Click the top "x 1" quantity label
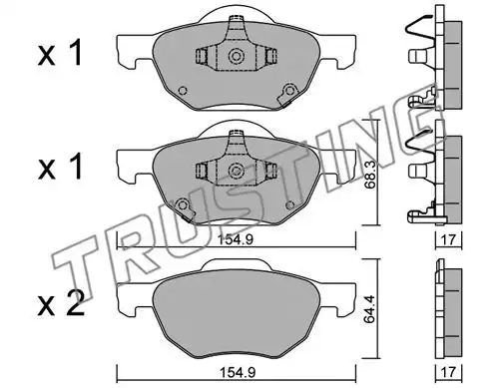pos(60,55)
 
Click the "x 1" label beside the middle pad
pos(60,168)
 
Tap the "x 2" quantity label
pos(61,305)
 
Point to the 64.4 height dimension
pos(369,308)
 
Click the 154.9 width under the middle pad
pos(236,239)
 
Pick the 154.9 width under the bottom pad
pos(238,372)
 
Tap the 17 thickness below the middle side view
pos(448,239)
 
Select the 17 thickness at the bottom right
pos(448,371)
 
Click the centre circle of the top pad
pos(237,56)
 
